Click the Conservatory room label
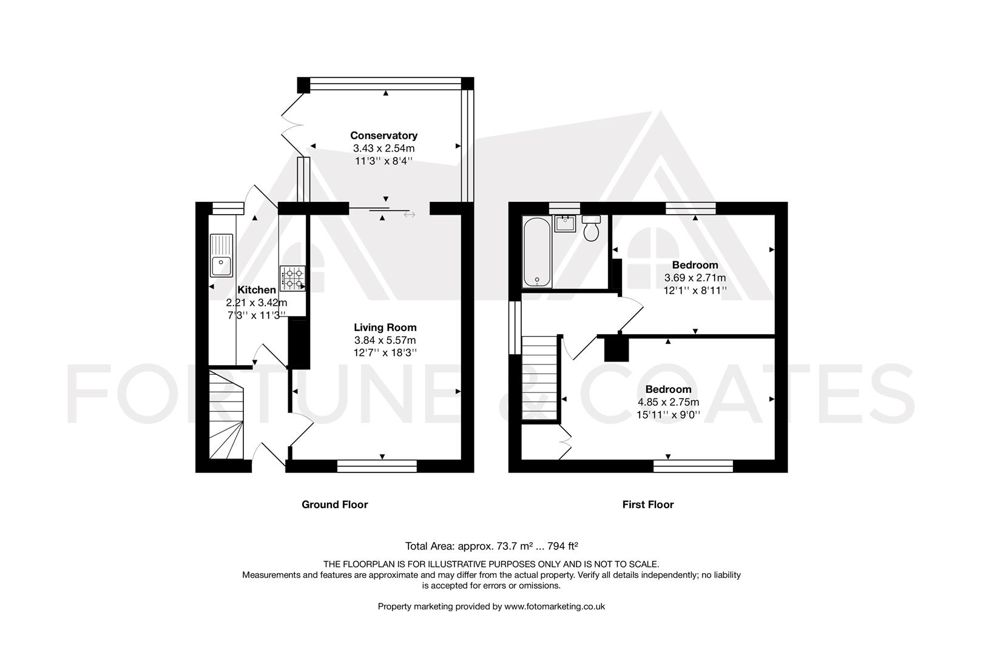tap(383, 135)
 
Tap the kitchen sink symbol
tap(221, 256)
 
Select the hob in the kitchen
tap(293, 278)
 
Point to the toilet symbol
tap(591, 227)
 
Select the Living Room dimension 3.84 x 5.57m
tap(385, 340)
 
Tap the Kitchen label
tap(256, 290)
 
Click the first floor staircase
tap(539, 377)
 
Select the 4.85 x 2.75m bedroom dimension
tap(668, 402)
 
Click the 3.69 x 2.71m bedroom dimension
tap(695, 278)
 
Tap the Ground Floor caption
tap(334, 505)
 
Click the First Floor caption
tap(647, 505)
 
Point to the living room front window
tap(377, 466)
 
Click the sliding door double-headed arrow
tap(410, 214)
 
